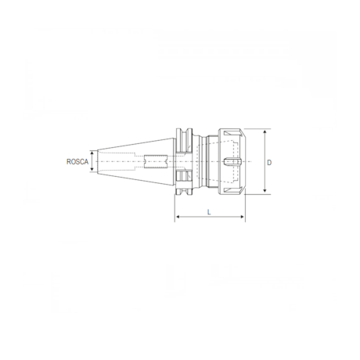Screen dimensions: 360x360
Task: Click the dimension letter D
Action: click(269, 163)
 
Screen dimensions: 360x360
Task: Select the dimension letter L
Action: click(210, 212)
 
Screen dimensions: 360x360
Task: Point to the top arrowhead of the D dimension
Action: click(265, 131)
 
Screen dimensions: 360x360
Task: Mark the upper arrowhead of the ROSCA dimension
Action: click(94, 153)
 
